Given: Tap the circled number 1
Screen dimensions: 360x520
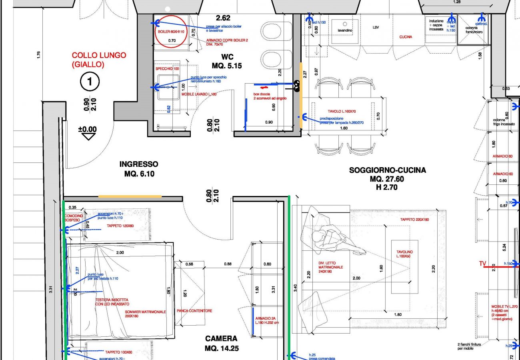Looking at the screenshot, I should point(90,82).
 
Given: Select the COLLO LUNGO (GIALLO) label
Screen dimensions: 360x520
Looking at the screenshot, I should point(99,60).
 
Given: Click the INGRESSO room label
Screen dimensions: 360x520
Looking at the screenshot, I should point(138,169).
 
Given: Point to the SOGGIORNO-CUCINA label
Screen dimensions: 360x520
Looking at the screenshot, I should point(387,170).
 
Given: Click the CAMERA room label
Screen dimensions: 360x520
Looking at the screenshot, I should point(221,343).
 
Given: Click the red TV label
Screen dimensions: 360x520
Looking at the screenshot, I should point(483,264).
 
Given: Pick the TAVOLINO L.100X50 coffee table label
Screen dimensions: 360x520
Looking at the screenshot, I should point(404,254).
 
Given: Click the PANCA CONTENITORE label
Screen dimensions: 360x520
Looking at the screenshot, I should point(194,311).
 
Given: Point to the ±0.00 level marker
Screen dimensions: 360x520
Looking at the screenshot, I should point(87,129).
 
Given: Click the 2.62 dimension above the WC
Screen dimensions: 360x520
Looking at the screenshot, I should point(223,18).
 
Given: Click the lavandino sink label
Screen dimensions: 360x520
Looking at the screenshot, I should point(344,30).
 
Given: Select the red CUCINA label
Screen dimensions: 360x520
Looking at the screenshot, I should point(406,37).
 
